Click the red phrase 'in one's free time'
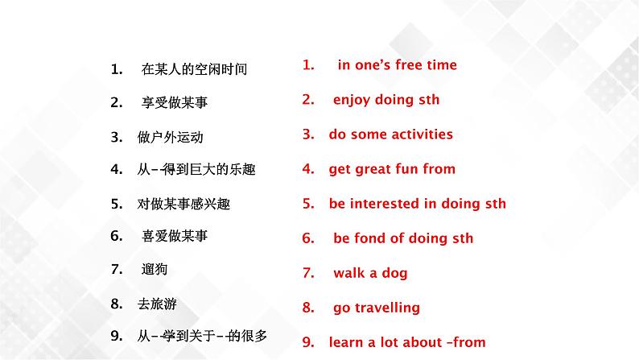point(397,65)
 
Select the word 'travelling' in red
point(388,308)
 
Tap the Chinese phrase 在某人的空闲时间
point(193,69)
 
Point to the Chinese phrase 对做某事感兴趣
point(183,204)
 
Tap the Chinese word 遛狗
point(155,269)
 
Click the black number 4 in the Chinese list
point(116,169)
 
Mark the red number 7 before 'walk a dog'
point(307,273)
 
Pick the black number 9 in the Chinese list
point(116,337)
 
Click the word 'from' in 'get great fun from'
point(438,169)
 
